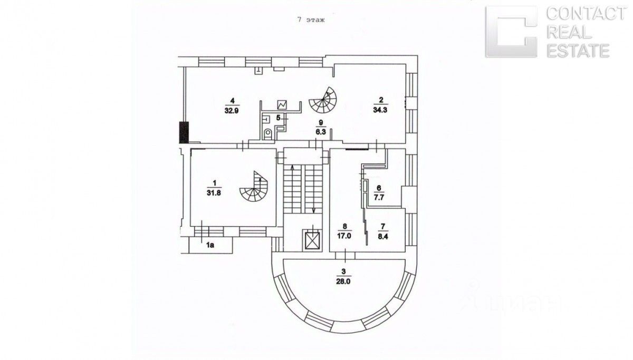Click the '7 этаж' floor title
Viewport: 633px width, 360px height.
(309, 21)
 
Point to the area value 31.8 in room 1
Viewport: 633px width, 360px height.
(214, 192)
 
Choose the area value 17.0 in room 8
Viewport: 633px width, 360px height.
(344, 236)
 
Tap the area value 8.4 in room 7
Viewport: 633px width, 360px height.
(383, 236)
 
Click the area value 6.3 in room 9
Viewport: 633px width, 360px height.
(320, 133)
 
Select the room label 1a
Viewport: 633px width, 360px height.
(209, 244)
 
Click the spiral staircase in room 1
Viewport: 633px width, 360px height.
(255, 189)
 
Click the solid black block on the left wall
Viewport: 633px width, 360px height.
(184, 132)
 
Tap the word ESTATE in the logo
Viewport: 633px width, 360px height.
(579, 51)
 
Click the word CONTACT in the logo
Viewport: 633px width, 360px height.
(585, 14)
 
